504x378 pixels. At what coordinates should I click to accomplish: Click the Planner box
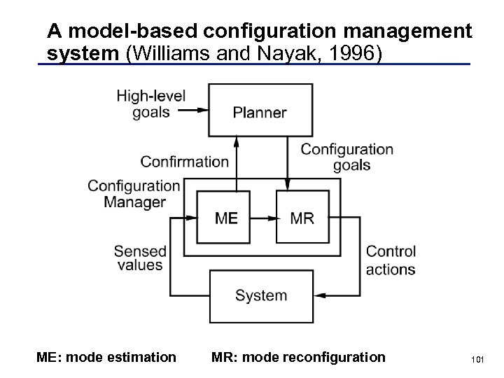click(260, 111)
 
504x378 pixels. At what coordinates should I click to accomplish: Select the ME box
click(225, 218)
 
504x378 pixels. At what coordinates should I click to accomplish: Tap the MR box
click(302, 218)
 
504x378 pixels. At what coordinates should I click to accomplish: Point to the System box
click(260, 295)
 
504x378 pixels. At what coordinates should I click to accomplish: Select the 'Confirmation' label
click(185, 162)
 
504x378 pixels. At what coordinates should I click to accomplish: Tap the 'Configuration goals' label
click(347, 157)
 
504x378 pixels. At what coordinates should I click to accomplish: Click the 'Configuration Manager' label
click(134, 194)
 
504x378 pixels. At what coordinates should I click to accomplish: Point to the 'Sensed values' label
click(140, 258)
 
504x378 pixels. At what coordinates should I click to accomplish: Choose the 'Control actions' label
click(391, 260)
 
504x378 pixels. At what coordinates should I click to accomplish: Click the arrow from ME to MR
click(263, 218)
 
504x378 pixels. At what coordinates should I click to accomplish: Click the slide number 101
click(478, 360)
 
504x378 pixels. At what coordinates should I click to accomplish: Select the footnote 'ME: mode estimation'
click(106, 358)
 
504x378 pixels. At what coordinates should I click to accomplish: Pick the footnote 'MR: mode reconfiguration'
click(298, 358)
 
